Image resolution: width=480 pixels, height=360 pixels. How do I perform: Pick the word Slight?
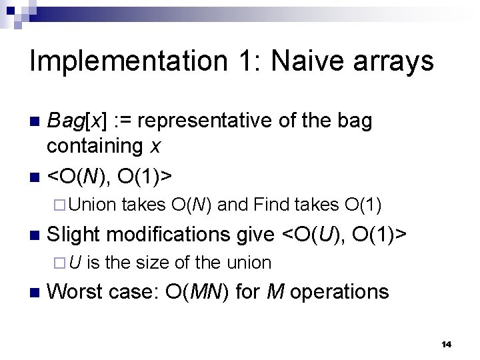[73, 234]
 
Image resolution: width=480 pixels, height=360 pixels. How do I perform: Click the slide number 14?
[447, 344]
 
